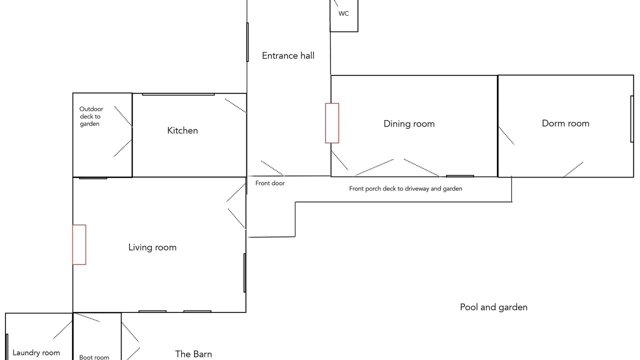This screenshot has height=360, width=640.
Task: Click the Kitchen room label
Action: coord(182,130)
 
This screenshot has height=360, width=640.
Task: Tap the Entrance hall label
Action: coord(288,55)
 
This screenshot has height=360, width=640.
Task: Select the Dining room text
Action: coord(409,123)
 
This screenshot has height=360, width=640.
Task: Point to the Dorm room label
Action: coord(565,123)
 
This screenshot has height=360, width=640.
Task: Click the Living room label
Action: coord(152,247)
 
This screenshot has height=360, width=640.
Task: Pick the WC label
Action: coord(343,13)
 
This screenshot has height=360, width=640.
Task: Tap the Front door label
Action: coord(270,183)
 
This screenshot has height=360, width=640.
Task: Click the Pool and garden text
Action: coord(493,307)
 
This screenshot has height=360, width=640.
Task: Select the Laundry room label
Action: coord(36,353)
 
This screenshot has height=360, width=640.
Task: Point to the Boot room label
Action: coord(94,357)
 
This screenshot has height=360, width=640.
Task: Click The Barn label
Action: coord(193,354)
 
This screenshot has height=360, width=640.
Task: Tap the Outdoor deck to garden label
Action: coord(91,116)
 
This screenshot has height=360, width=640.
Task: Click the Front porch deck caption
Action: coord(405,188)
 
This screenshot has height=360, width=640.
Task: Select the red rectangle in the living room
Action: coord(79,244)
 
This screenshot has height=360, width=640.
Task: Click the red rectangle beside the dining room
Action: coord(332,123)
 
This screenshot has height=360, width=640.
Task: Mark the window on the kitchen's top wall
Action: coord(178,94)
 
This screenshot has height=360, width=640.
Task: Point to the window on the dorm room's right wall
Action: coord(632,119)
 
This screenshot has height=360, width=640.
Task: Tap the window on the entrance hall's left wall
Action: coord(247,42)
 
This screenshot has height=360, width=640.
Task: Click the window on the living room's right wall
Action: coord(244,273)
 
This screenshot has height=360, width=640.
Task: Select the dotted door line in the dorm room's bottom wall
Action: coord(573,170)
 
